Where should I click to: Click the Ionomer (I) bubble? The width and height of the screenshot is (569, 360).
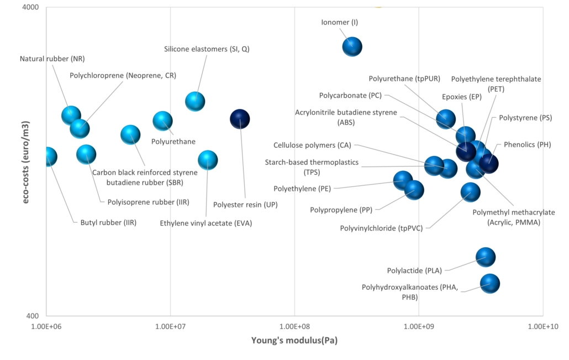click(x=352, y=47)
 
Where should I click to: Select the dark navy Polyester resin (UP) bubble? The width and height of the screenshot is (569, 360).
click(x=239, y=119)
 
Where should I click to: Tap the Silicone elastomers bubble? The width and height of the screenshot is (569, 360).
click(x=195, y=101)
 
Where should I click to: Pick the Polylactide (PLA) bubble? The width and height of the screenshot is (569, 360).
click(x=486, y=257)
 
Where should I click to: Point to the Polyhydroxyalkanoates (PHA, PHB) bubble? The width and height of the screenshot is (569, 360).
click(x=489, y=284)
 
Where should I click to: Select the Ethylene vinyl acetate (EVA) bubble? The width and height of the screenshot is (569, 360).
click(x=208, y=160)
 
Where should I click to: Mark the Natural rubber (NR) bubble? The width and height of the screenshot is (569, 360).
click(x=71, y=115)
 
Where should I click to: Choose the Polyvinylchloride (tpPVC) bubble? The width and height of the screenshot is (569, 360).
click(x=470, y=192)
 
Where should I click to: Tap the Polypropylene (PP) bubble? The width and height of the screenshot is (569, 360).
click(x=414, y=190)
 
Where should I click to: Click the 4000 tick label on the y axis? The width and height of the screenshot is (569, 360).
click(x=30, y=8)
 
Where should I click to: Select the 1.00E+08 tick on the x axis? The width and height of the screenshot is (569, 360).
click(x=294, y=326)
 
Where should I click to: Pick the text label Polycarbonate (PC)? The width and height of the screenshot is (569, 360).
click(x=350, y=95)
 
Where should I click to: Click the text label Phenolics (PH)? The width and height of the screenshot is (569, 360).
click(x=528, y=144)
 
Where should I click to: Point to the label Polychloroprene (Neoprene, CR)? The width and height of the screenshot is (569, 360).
click(x=123, y=76)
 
